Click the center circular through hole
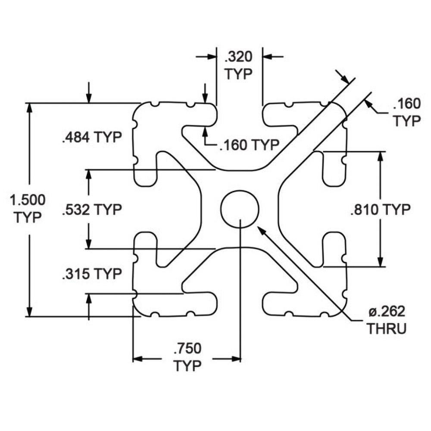[x=240, y=209]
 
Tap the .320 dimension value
[x=238, y=56]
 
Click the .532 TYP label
[x=92, y=210]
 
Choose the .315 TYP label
[x=91, y=274]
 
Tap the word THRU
[x=386, y=329]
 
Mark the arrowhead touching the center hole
[x=260, y=228]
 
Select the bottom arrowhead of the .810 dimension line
[x=380, y=261]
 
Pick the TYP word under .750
[x=188, y=366]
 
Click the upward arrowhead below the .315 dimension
[x=89, y=299]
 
